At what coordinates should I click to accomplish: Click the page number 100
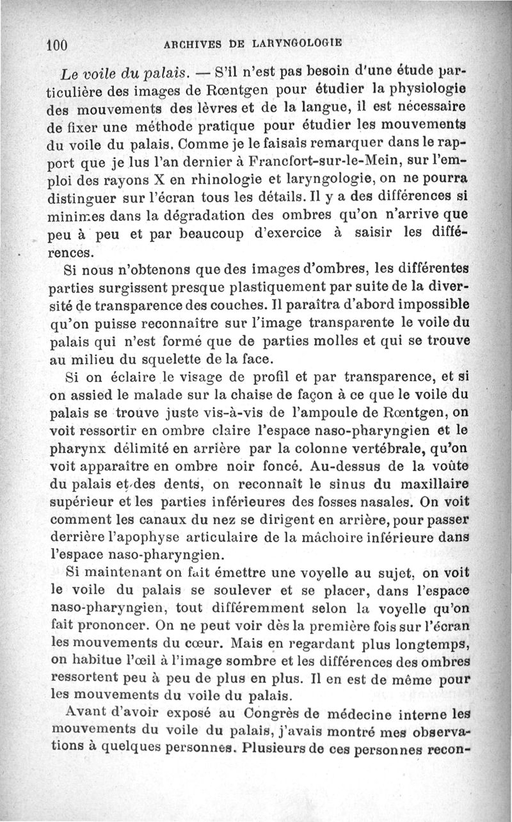pos(57,45)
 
